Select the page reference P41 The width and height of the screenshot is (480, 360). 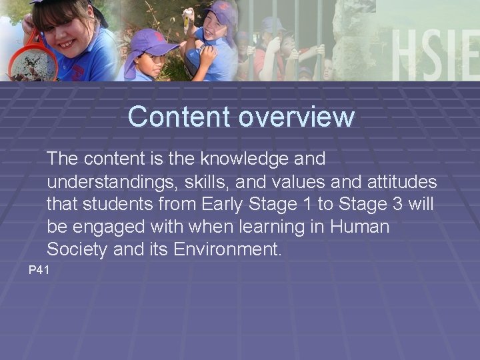[x=39, y=270]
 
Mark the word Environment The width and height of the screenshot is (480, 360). [x=227, y=250]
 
